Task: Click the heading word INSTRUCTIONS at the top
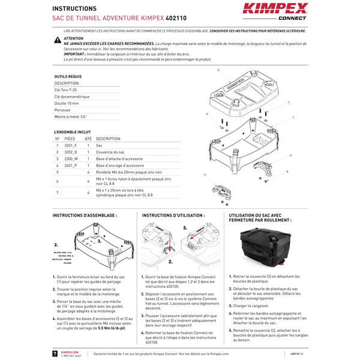click(x=74, y=9)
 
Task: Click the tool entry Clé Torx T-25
click(x=65, y=89)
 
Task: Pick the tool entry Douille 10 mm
click(x=67, y=103)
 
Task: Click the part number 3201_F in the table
click(x=71, y=146)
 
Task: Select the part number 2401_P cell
click(x=71, y=165)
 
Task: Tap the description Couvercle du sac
click(x=110, y=152)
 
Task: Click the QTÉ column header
click(x=88, y=139)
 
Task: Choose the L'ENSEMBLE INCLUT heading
click(x=73, y=131)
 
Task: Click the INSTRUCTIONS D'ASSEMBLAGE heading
click(x=85, y=215)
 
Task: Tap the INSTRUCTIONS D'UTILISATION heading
click(x=173, y=215)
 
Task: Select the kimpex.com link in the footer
click(x=70, y=352)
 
